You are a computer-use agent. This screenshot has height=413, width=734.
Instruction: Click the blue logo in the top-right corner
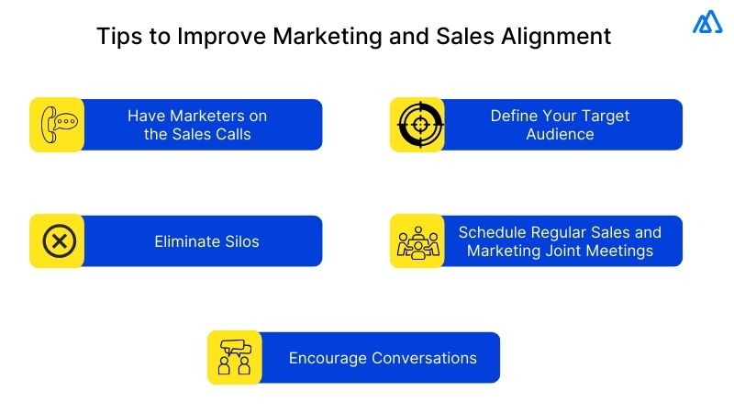[x=707, y=23]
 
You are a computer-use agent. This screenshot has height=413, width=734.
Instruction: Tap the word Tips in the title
[x=117, y=38]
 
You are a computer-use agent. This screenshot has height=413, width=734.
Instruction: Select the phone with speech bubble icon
[x=57, y=125]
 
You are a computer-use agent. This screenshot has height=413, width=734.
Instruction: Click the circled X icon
[x=57, y=241]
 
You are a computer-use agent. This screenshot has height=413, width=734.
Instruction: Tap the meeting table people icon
[x=418, y=241]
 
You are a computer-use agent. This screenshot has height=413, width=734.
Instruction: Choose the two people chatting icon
[x=235, y=358]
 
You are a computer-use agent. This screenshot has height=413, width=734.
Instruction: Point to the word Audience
[x=560, y=134]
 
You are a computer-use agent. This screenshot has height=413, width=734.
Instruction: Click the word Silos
[x=240, y=242]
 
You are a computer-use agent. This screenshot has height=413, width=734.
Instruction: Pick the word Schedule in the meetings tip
[x=493, y=232]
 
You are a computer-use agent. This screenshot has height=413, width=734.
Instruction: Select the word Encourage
[x=328, y=358]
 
